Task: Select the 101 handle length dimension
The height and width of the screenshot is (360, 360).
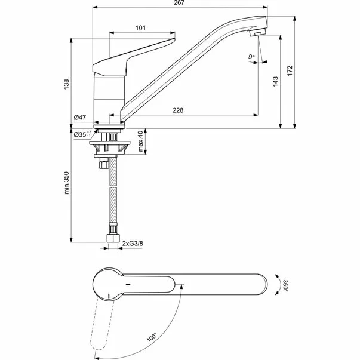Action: [140, 28]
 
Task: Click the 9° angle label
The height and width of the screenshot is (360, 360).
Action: [251, 57]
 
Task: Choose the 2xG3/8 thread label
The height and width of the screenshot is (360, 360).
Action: [134, 244]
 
